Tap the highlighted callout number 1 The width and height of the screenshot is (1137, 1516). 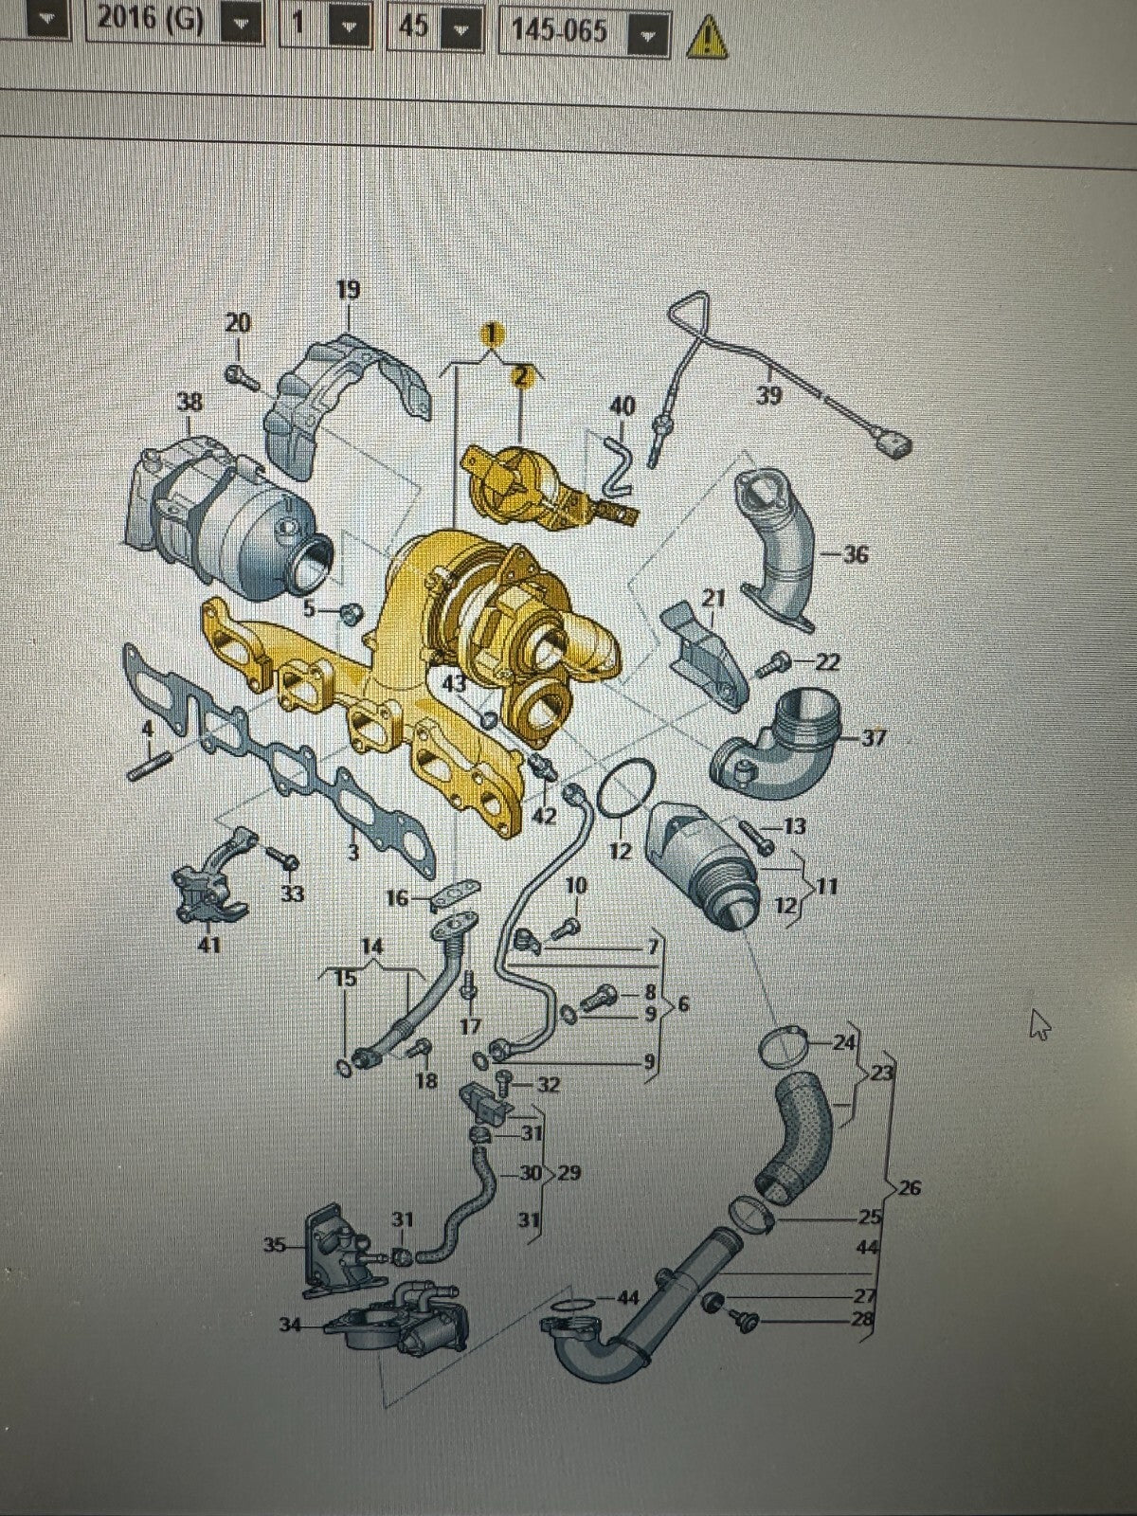coord(491,335)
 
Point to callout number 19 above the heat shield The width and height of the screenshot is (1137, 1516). coord(349,290)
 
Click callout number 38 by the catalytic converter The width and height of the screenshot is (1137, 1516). coord(189,402)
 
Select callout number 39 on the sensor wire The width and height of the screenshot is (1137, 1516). coord(769,396)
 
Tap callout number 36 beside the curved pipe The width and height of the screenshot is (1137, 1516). coord(856,554)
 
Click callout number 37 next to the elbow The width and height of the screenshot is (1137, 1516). coord(874,738)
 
